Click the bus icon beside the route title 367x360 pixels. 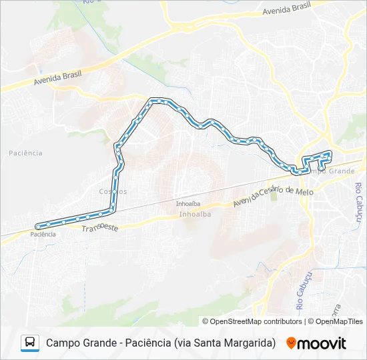tap(30, 343)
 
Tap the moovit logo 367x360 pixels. tap(316, 343)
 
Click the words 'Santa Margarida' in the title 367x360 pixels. tap(235, 343)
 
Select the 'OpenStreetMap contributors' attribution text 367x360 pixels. tap(256, 321)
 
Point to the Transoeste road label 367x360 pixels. tap(100, 227)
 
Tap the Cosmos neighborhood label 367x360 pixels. tap(112, 191)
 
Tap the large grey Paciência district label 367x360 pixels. tap(26, 153)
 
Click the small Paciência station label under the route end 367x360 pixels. tap(43, 235)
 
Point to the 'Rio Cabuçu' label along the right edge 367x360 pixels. tap(358, 203)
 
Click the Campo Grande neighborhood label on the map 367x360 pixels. tap(332, 171)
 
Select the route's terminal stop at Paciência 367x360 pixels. tap(39, 225)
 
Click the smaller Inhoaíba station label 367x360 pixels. tap(188, 203)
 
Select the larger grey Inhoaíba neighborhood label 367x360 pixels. tap(195, 214)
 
